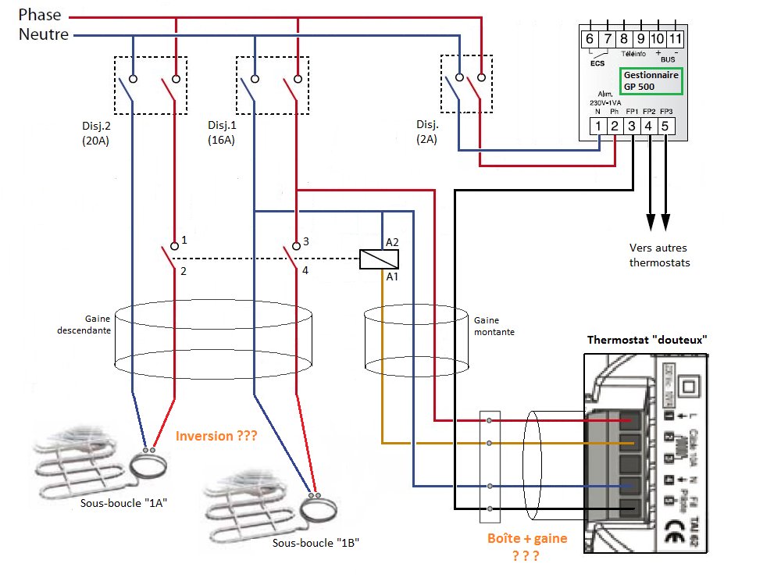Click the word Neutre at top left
click(44, 34)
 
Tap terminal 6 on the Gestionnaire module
click(589, 38)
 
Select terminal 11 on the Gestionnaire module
click(676, 38)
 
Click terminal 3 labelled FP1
click(633, 126)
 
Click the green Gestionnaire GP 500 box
click(651, 80)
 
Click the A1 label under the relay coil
click(392, 276)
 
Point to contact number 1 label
click(184, 240)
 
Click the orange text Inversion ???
click(218, 437)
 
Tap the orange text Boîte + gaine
click(528, 538)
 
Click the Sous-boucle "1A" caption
click(124, 503)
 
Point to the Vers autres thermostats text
click(660, 255)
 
